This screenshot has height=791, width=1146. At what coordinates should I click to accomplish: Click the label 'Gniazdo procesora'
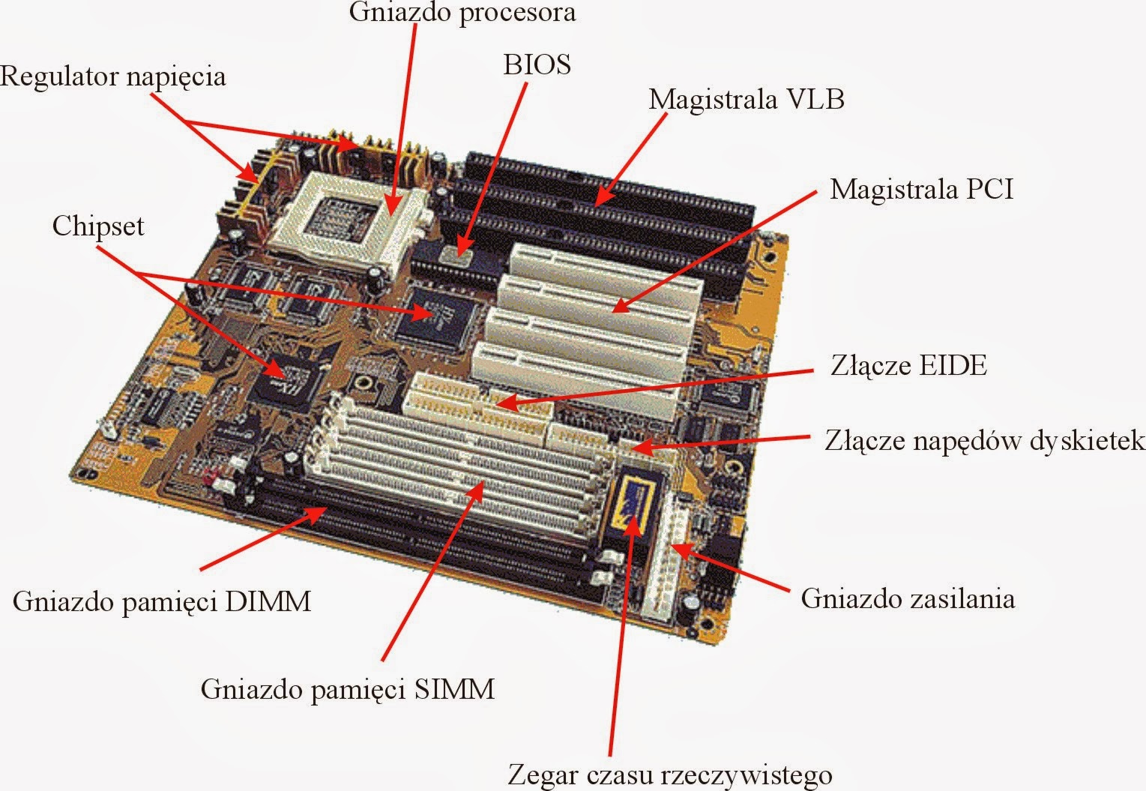click(462, 13)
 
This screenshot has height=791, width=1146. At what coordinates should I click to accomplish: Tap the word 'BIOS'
click(537, 64)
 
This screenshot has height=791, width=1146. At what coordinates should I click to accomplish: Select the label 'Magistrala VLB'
click(746, 99)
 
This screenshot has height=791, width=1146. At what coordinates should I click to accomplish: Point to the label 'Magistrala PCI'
click(921, 188)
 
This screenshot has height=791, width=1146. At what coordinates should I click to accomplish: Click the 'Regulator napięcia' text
click(112, 76)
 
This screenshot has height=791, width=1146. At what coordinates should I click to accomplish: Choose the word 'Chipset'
click(97, 226)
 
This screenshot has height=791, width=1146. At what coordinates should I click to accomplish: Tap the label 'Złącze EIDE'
click(908, 365)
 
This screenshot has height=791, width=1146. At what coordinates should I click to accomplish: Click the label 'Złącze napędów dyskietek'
click(984, 440)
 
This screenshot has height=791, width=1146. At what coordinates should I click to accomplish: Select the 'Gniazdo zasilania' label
click(908, 598)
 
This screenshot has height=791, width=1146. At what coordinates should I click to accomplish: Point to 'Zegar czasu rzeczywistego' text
click(669, 775)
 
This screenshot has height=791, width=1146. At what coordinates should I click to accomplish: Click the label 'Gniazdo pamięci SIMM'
click(348, 688)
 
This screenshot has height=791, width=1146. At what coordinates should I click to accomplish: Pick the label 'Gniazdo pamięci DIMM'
click(161, 601)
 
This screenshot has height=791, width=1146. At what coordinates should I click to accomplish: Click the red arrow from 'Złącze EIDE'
click(652, 388)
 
